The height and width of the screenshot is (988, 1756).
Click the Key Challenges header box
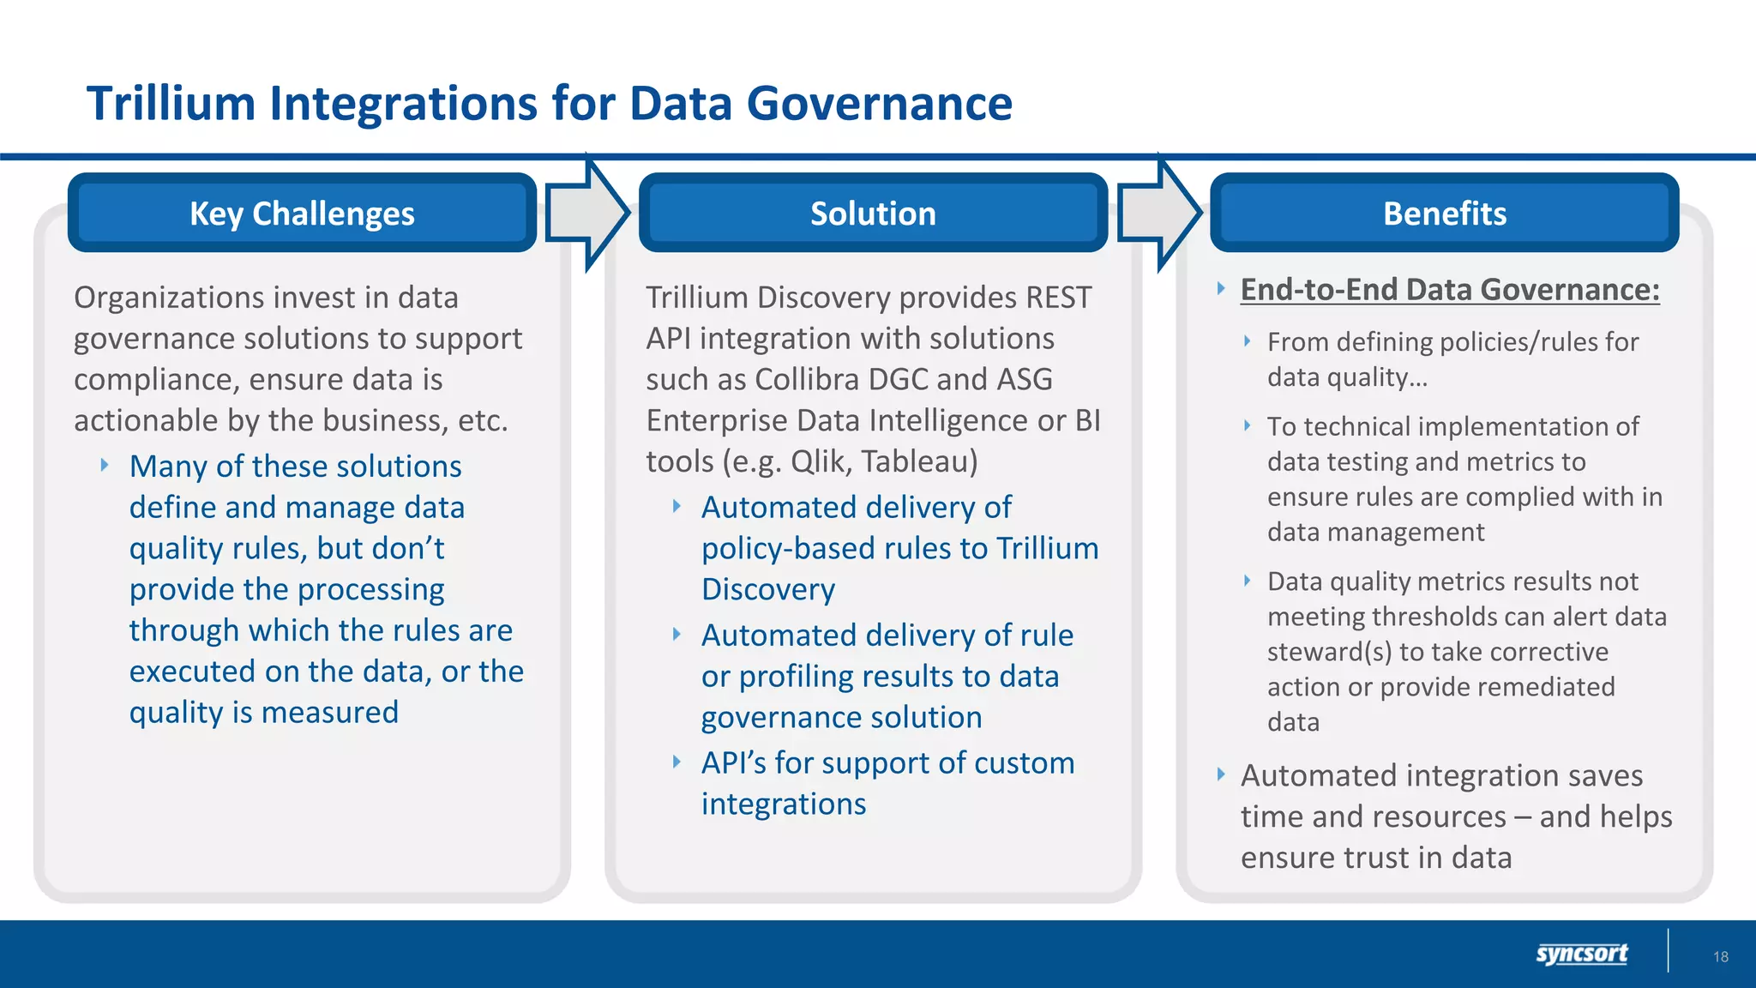click(x=302, y=213)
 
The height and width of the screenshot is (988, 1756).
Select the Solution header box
click(x=873, y=213)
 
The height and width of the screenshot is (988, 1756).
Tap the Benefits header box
click(x=1444, y=213)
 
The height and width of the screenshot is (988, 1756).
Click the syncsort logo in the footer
click(x=1581, y=954)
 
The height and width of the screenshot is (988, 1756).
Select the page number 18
click(x=1720, y=956)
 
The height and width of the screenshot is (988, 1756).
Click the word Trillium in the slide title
click(x=171, y=104)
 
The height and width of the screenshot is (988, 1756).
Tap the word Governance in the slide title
click(x=879, y=104)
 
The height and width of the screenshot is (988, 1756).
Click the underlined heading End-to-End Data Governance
click(x=1449, y=290)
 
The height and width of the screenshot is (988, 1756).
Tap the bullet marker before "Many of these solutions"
click(x=105, y=465)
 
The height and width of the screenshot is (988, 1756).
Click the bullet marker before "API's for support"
click(x=677, y=762)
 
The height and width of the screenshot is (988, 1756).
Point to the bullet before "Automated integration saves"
click(x=1221, y=774)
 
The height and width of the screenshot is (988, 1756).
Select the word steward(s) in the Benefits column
click(x=1329, y=652)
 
